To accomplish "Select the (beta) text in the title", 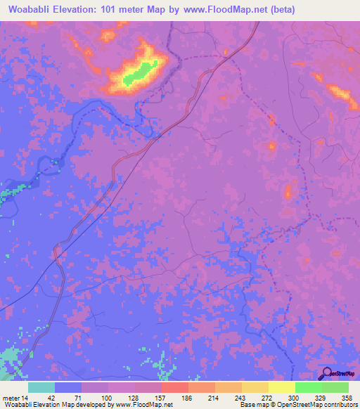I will pyautogui.click(x=279, y=10).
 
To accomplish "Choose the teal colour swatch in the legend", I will pyautogui.click(x=41, y=387).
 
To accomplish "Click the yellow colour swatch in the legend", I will pyautogui.click(x=281, y=387).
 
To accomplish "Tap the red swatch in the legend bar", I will pyautogui.click(x=174, y=387).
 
